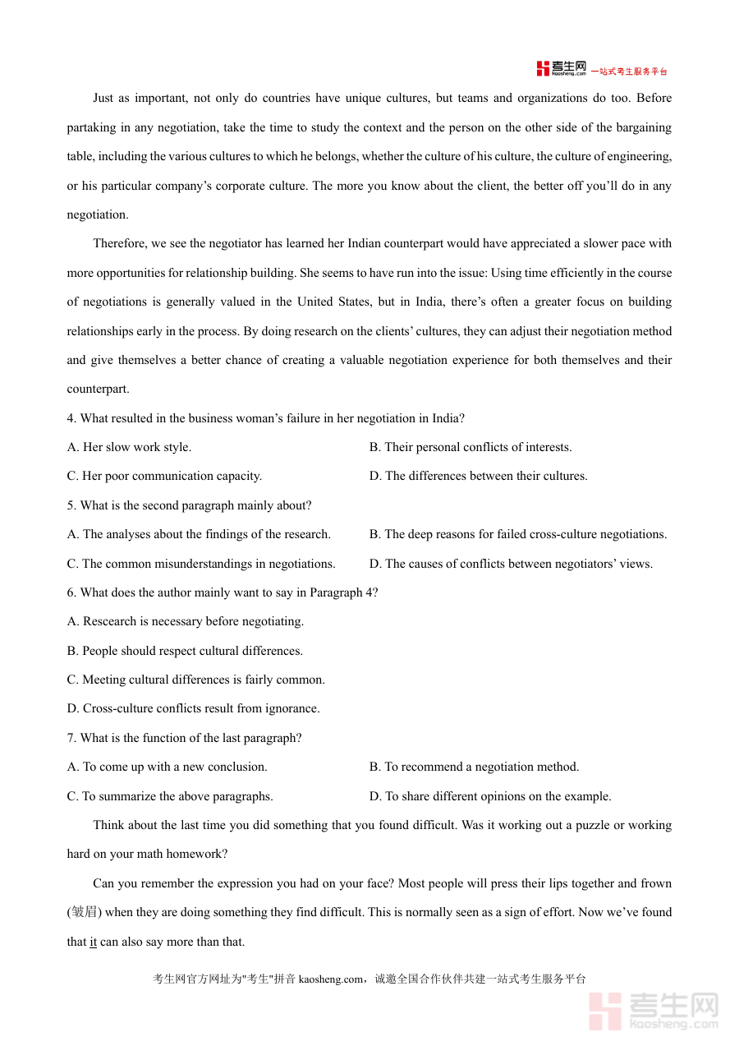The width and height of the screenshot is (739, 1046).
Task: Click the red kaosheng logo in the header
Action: (x=562, y=69)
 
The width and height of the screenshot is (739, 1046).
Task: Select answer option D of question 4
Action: (x=479, y=476)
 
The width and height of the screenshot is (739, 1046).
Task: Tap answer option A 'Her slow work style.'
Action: (x=129, y=447)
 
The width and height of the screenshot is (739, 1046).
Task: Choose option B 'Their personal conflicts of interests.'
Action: (x=470, y=447)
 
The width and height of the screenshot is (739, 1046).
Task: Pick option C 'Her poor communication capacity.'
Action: (x=164, y=476)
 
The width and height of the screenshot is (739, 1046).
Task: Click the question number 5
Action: (x=71, y=505)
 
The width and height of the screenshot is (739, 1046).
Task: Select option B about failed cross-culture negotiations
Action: (x=518, y=534)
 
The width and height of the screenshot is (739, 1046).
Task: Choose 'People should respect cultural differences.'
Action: (x=185, y=651)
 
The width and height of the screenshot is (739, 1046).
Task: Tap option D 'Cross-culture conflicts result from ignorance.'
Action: (x=193, y=708)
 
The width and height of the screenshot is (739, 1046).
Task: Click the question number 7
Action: (x=71, y=738)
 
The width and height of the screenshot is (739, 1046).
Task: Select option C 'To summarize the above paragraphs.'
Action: (x=170, y=796)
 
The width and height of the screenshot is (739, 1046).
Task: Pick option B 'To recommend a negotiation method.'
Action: (x=474, y=767)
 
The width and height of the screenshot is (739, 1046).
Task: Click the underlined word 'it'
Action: (x=93, y=942)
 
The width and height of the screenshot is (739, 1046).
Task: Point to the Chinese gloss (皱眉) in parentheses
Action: (x=85, y=912)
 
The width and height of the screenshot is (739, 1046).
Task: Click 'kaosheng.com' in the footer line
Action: (x=330, y=979)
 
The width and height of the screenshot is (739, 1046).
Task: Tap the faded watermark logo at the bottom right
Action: (x=654, y=1011)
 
